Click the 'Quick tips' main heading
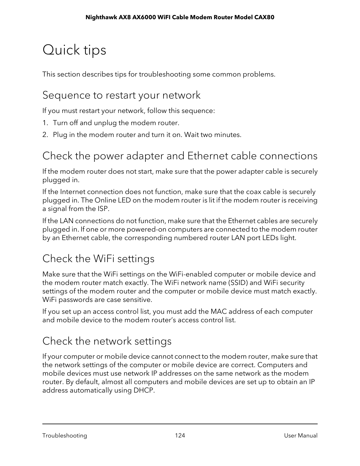click(74, 50)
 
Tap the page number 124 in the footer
click(180, 435)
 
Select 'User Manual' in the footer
click(301, 435)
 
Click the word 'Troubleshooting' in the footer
click(65, 435)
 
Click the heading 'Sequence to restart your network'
click(121, 95)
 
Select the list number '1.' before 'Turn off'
click(45, 123)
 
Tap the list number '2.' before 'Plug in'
click(45, 135)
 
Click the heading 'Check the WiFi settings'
click(98, 258)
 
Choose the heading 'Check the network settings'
click(107, 341)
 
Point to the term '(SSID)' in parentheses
click(238, 283)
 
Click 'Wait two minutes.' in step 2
click(213, 135)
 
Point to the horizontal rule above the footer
click(180, 424)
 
